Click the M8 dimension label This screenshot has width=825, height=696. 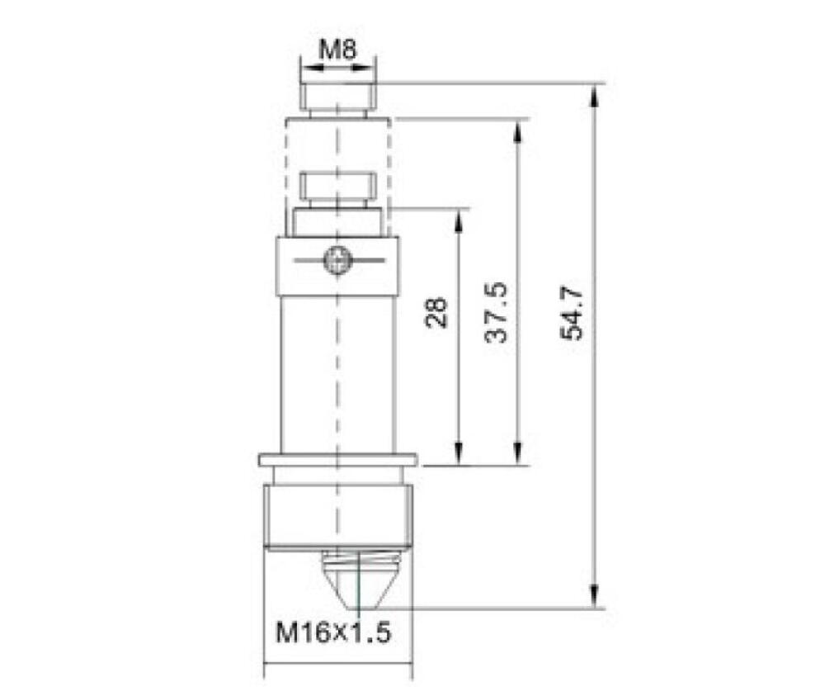click(337, 50)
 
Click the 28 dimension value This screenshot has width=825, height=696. click(436, 312)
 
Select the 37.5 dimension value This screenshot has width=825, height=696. click(496, 312)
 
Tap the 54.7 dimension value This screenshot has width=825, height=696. click(572, 313)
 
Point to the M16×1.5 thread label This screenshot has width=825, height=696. click(334, 632)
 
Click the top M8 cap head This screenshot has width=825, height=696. click(338, 96)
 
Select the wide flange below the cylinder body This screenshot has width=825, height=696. click(338, 460)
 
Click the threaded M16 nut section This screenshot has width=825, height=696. click(338, 517)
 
